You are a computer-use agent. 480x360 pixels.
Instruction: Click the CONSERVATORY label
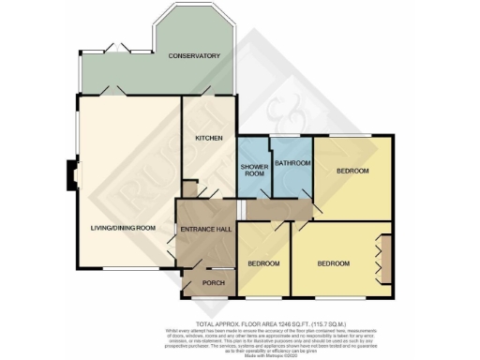coord(194,56)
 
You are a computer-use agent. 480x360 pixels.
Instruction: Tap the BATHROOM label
coord(292,161)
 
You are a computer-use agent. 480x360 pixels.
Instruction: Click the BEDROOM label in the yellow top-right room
coord(352,171)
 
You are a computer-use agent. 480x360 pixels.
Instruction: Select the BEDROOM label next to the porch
coord(263,263)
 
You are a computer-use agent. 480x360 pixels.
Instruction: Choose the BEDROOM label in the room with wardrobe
coord(333,263)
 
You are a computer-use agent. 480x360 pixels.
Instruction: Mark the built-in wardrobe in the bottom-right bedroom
coord(382,258)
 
